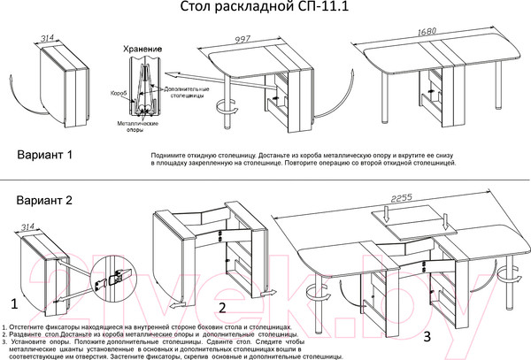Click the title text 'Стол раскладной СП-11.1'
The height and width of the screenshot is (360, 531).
click(265, 10)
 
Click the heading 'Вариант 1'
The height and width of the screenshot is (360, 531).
click(44, 155)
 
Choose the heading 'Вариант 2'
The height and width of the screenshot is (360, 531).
click(44, 200)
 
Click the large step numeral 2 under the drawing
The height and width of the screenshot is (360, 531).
click(223, 308)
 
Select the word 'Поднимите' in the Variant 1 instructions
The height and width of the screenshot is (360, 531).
click(171, 154)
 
